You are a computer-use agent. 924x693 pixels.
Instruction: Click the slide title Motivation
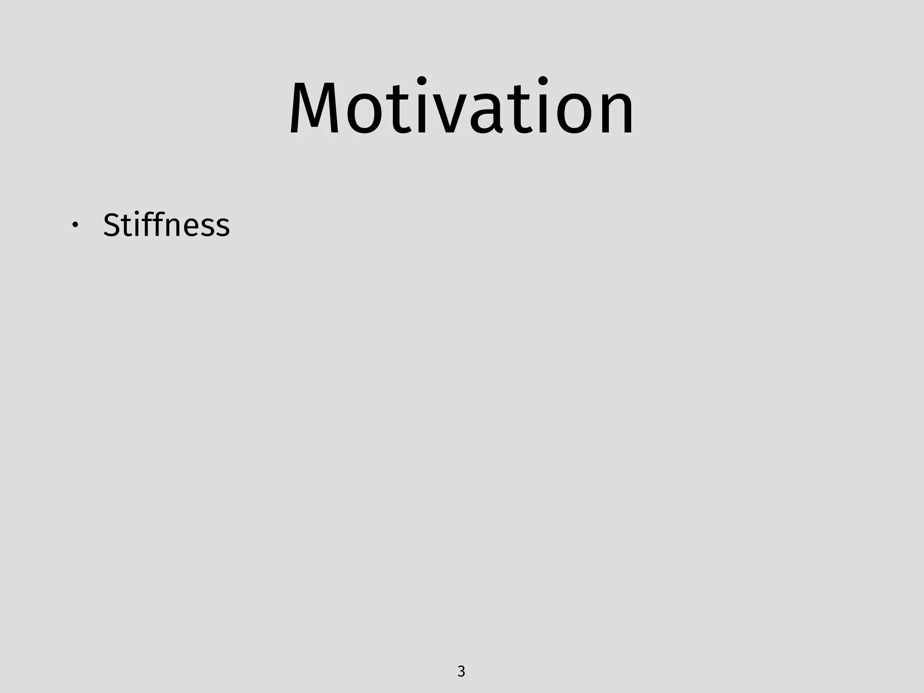tap(462, 108)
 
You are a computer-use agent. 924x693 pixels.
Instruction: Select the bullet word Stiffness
tap(166, 225)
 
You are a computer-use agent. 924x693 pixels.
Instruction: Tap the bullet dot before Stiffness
tap(75, 225)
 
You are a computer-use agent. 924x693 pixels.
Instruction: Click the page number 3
tap(461, 671)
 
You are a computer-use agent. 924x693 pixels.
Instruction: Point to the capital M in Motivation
tap(314, 108)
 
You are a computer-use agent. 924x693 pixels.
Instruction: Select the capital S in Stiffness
tap(111, 225)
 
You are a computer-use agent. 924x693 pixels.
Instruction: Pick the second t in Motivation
tap(519, 111)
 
